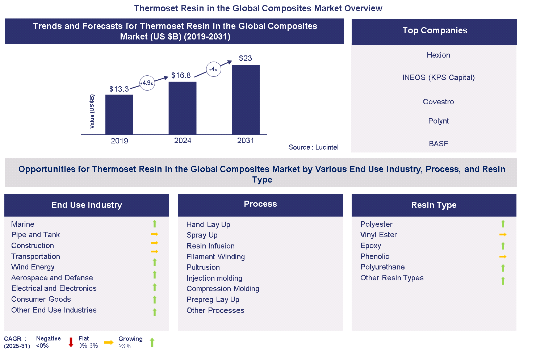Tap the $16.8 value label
point(181,75)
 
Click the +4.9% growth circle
point(147,83)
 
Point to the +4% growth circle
point(214,69)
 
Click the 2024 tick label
point(183,141)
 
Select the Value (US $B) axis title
point(92,111)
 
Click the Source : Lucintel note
point(313,147)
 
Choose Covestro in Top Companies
point(438,102)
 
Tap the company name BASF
point(438,144)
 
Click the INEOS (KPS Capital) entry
point(438,78)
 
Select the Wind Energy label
point(33,267)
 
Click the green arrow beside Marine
point(155,224)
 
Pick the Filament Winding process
point(215,257)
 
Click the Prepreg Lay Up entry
point(213,300)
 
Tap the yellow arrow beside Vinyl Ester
point(503,235)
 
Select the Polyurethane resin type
point(382,267)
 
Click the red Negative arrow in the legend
point(71,342)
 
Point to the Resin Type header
point(434,205)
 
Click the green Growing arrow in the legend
point(152,342)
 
